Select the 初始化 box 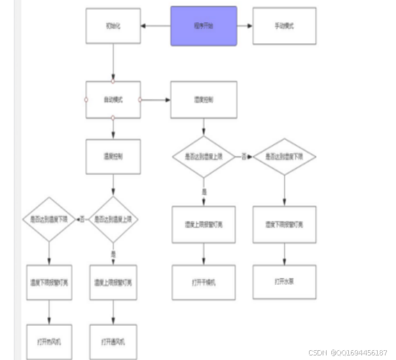(113, 26)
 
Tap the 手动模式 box (284, 26)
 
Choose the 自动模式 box (113, 100)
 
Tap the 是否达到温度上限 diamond (113, 218)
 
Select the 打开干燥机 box (204, 282)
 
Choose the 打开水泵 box (285, 282)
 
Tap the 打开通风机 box (113, 341)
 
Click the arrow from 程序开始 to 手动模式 (243, 26)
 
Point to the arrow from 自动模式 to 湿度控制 (155, 100)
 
